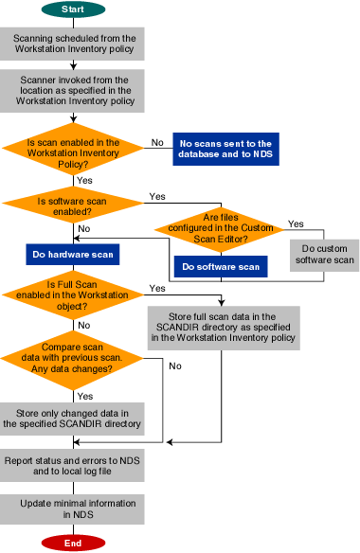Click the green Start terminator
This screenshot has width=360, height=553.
(x=74, y=9)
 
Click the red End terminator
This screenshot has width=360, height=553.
(x=74, y=543)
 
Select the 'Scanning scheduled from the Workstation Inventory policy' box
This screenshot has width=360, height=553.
(x=74, y=43)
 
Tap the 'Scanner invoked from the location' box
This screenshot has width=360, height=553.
(x=74, y=88)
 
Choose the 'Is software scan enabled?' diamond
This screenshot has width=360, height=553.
(x=74, y=202)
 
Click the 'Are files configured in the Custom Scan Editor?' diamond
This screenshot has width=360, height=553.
(x=219, y=228)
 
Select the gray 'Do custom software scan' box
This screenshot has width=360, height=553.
(x=322, y=253)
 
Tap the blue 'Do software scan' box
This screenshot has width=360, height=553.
(x=219, y=267)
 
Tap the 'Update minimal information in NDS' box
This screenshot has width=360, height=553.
(x=74, y=508)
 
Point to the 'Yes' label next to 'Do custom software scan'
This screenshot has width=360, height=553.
(x=297, y=224)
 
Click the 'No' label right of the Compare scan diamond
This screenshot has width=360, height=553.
(x=174, y=365)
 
